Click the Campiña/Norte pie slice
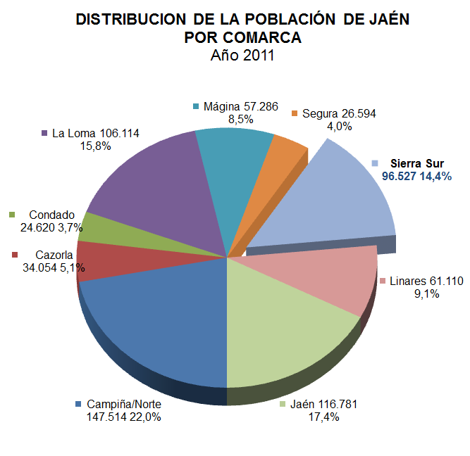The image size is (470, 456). tap(155, 317)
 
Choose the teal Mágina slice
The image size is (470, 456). tap(236, 176)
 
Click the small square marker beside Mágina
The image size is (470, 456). tap(197, 107)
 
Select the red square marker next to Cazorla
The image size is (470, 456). tap(15, 255)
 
